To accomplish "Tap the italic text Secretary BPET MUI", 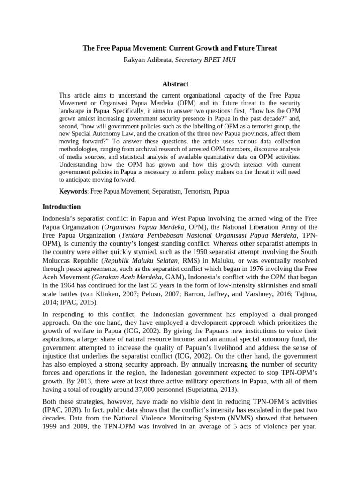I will [205, 60].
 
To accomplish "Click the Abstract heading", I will [175, 84].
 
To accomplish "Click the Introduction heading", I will [61, 207].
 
